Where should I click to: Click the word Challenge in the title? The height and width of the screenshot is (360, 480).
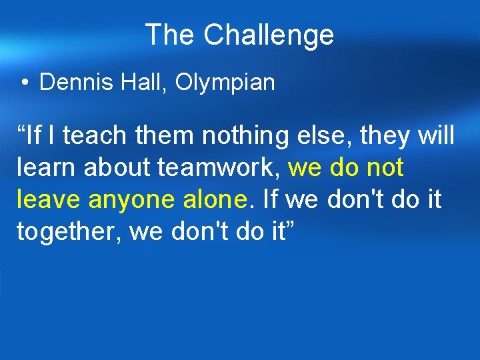coord(269,35)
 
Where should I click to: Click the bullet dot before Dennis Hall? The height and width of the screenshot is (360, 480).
coord(24,83)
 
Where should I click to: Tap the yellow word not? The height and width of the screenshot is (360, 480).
coord(385,168)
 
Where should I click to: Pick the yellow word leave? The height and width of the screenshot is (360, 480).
coord(50,199)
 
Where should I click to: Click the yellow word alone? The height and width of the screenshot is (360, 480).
coord(224,199)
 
